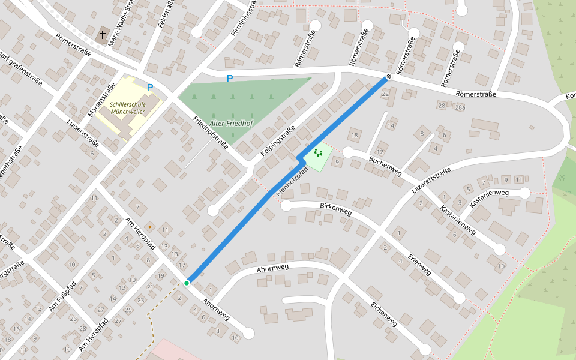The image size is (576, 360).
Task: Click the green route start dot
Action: coord(187,283)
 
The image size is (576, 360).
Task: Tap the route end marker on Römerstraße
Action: coord(389,77)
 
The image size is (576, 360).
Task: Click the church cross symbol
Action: coord(103,35)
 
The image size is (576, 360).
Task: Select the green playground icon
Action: coord(318,153)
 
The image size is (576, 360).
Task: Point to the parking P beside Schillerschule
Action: coord(150,88)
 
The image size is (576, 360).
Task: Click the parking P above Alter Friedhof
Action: coord(229,79)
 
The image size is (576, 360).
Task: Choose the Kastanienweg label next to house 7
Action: coord(489,199)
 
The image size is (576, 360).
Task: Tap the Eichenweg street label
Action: coord(384,314)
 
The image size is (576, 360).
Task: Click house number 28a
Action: coord(460,107)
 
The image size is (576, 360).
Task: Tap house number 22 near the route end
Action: coord(385,94)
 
